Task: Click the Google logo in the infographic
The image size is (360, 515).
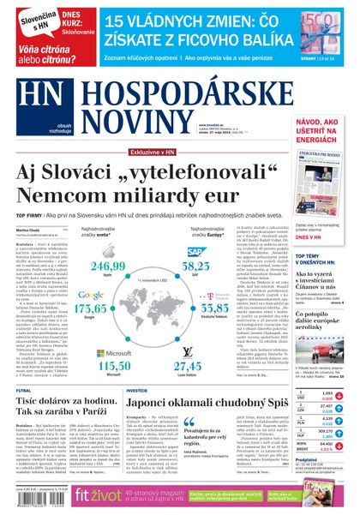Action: pyautogui.click(x=97, y=294)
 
